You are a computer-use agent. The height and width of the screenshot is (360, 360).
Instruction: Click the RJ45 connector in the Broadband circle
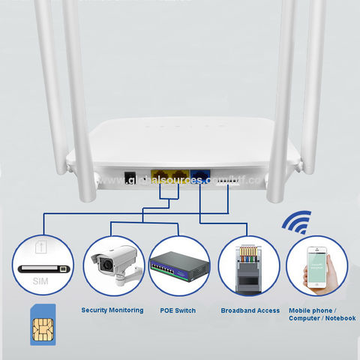tap(250, 266)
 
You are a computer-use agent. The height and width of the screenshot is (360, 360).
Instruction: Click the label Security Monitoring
tap(112, 310)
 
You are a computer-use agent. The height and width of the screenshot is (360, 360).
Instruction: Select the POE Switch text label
tap(178, 310)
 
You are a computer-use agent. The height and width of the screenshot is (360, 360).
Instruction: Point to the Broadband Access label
tap(250, 310)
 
